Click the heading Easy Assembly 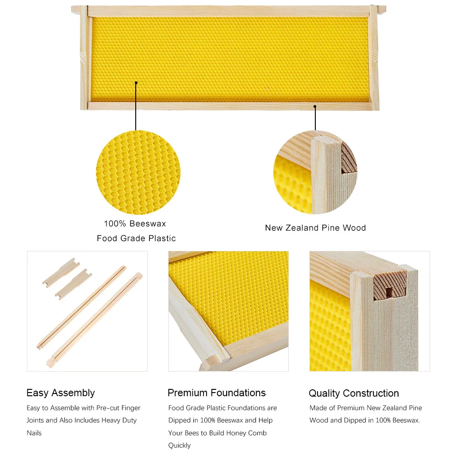tap(61, 393)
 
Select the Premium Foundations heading tap(217, 393)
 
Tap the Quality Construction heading tap(354, 393)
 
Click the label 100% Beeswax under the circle tap(135, 223)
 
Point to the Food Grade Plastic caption tap(136, 239)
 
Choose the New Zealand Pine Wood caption tap(315, 228)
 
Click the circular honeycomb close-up tap(138, 172)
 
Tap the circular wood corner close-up tap(315, 172)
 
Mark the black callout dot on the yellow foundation tap(136, 83)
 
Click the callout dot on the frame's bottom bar tap(315, 106)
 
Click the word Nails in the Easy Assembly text tap(34, 433)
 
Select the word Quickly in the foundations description tap(179, 445)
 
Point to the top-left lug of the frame tap(76, 9)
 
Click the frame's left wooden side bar tap(84, 58)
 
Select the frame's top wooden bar tap(229, 11)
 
